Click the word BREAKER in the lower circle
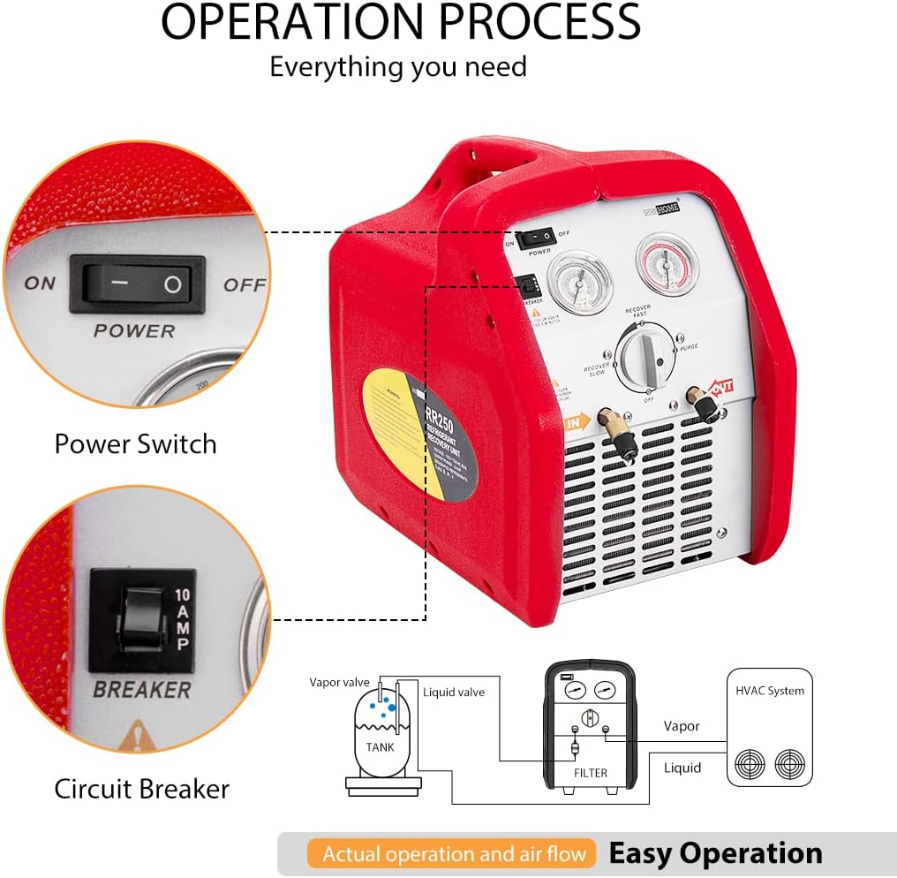pyautogui.click(x=142, y=689)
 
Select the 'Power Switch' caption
pyautogui.click(x=135, y=443)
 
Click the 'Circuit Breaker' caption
pyautogui.click(x=141, y=788)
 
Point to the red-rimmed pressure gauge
pyautogui.click(x=667, y=263)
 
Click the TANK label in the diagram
pyautogui.click(x=380, y=746)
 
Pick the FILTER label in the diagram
pyautogui.click(x=591, y=773)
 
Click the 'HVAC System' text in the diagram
pyautogui.click(x=769, y=691)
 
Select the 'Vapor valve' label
pyautogui.click(x=339, y=682)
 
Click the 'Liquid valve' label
pyautogui.click(x=453, y=693)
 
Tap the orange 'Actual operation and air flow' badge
pyautogui.click(x=454, y=854)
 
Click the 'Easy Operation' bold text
pyautogui.click(x=715, y=853)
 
